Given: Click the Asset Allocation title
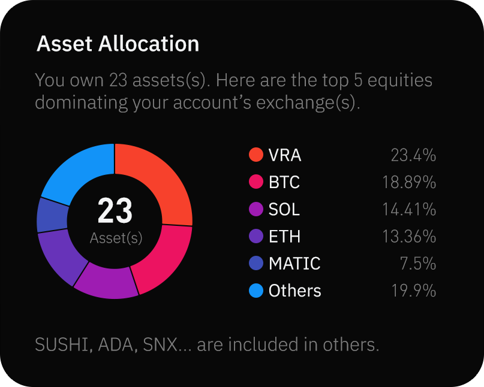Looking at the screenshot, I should coord(118,44).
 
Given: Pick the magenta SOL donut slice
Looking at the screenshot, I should coord(107,282).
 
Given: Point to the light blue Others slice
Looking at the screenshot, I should coord(75,171).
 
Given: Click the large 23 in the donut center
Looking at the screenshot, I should coord(115,211).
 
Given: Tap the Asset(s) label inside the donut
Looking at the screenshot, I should coord(116,238).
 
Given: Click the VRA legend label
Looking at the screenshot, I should coord(285,156).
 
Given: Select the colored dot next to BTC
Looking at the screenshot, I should coord(256,182).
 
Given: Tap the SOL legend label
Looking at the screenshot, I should coord(284,210).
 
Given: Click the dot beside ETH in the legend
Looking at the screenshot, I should coord(256,237).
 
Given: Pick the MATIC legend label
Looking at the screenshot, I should coord(294,264).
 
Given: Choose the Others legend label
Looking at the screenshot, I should coord(294,291).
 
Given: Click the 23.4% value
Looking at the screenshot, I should coord(413,156).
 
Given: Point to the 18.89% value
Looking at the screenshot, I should coord(409,182).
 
